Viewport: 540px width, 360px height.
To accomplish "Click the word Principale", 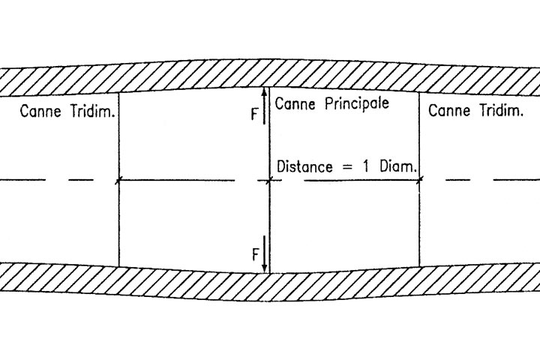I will point(357,103).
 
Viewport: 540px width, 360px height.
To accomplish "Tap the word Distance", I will point(304,166).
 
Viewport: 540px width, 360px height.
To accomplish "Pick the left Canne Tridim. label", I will point(67,112).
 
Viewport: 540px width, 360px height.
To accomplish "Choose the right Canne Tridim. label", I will point(475,112).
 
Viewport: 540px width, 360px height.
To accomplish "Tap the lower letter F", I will point(256,253).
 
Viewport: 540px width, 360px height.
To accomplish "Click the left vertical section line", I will point(119,225).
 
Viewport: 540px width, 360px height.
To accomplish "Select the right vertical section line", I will point(419,225).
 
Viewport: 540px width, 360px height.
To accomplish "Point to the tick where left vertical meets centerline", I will point(119,180).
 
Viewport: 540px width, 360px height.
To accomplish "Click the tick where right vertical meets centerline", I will point(419,180).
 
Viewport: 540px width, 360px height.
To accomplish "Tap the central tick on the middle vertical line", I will point(269,180).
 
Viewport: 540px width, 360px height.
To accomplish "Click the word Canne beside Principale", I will point(293,103).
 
